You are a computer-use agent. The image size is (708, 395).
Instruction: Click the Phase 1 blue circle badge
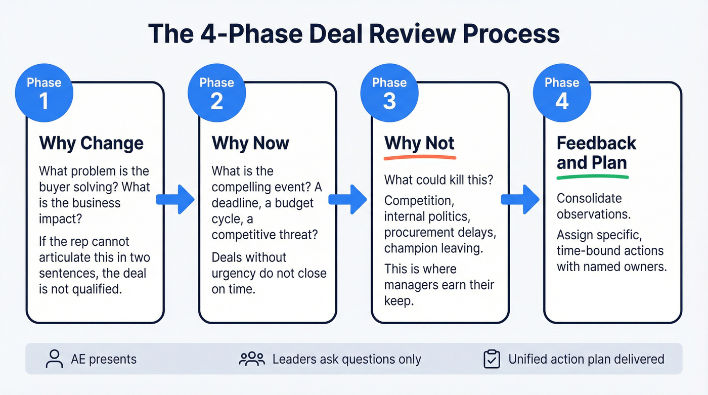44,93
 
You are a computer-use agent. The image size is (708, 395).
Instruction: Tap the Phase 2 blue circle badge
217,93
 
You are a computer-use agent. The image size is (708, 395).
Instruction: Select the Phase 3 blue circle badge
389,93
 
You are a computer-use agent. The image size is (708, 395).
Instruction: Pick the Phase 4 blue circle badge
562,93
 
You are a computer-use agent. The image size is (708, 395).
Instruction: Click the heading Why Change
92,143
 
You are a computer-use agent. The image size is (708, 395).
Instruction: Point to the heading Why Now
250,143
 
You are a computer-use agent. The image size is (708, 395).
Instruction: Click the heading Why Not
419,143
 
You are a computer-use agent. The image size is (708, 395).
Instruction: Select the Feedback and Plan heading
596,153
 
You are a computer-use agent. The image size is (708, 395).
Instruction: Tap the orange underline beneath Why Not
420,158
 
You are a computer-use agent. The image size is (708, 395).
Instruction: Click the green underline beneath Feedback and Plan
592,177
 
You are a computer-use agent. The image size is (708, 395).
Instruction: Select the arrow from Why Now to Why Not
347,199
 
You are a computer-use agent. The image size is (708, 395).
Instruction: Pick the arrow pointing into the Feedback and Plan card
520,199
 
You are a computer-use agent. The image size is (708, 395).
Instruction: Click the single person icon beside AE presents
53,359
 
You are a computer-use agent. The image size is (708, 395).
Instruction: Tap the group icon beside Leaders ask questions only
252,359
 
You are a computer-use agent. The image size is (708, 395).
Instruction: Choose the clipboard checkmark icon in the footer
492,359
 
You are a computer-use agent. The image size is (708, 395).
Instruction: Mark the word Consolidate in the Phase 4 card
589,198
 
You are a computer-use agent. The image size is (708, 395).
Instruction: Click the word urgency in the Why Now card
236,274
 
